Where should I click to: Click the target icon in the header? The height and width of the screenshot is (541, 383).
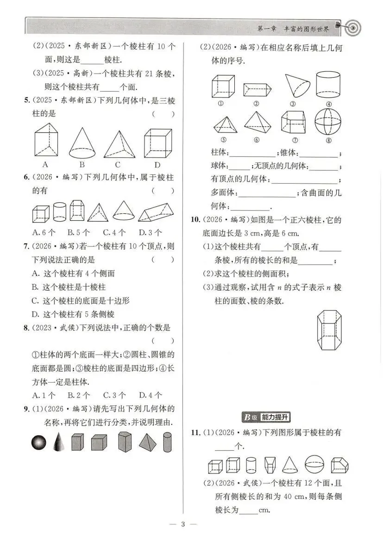(x=352, y=27)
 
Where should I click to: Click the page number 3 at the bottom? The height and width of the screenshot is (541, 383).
(x=183, y=524)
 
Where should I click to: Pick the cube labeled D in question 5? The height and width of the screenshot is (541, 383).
(x=158, y=143)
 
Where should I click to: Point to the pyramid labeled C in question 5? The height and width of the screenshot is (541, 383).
(x=119, y=144)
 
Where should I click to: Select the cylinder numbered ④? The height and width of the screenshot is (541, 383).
(x=328, y=85)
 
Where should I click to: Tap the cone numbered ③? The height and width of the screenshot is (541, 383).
(x=296, y=86)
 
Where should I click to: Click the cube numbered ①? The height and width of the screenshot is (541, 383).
(x=223, y=86)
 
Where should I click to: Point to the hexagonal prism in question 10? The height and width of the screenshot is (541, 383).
(x=329, y=330)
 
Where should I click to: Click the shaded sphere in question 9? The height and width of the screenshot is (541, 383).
(x=38, y=443)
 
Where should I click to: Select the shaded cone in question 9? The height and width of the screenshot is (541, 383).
(x=58, y=442)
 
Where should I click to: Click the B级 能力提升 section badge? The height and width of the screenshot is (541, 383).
(x=265, y=417)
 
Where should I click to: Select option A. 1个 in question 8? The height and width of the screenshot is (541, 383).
(x=44, y=395)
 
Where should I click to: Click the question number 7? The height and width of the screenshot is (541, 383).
(x=26, y=246)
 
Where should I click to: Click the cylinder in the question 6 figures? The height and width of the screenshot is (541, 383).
(x=59, y=211)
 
